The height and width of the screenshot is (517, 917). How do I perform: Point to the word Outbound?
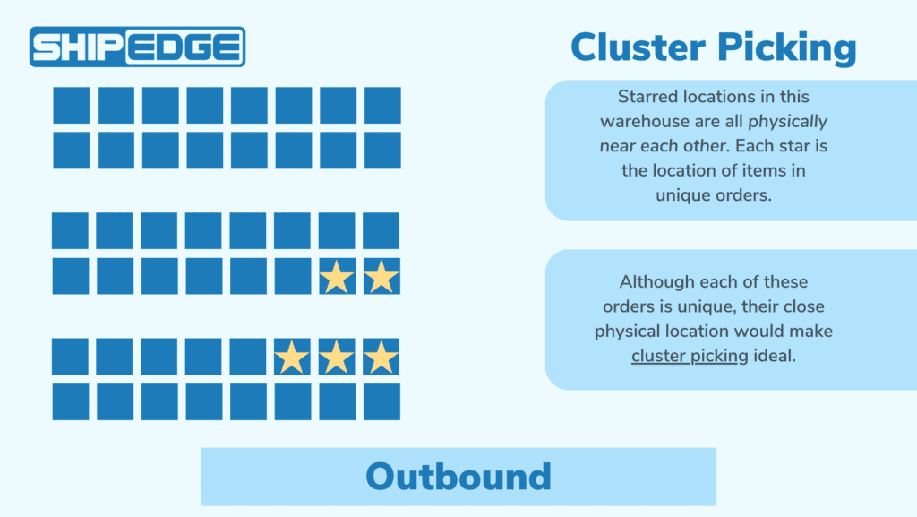coord(458,476)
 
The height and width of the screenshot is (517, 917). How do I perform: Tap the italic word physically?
coord(787,121)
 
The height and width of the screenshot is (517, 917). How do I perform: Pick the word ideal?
coord(777,356)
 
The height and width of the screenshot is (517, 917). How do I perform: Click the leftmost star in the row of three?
coord(292,358)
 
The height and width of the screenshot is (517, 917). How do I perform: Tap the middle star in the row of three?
coord(337,358)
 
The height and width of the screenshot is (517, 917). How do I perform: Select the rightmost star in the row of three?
coord(381,358)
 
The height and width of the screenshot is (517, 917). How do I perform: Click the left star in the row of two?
coord(337,277)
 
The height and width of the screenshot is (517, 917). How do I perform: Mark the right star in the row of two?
coord(381,277)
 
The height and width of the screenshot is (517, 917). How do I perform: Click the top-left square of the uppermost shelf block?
coord(71,105)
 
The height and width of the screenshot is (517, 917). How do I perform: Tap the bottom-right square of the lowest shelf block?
coord(381,401)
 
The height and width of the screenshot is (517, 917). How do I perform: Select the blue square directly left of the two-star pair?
coord(292,276)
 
